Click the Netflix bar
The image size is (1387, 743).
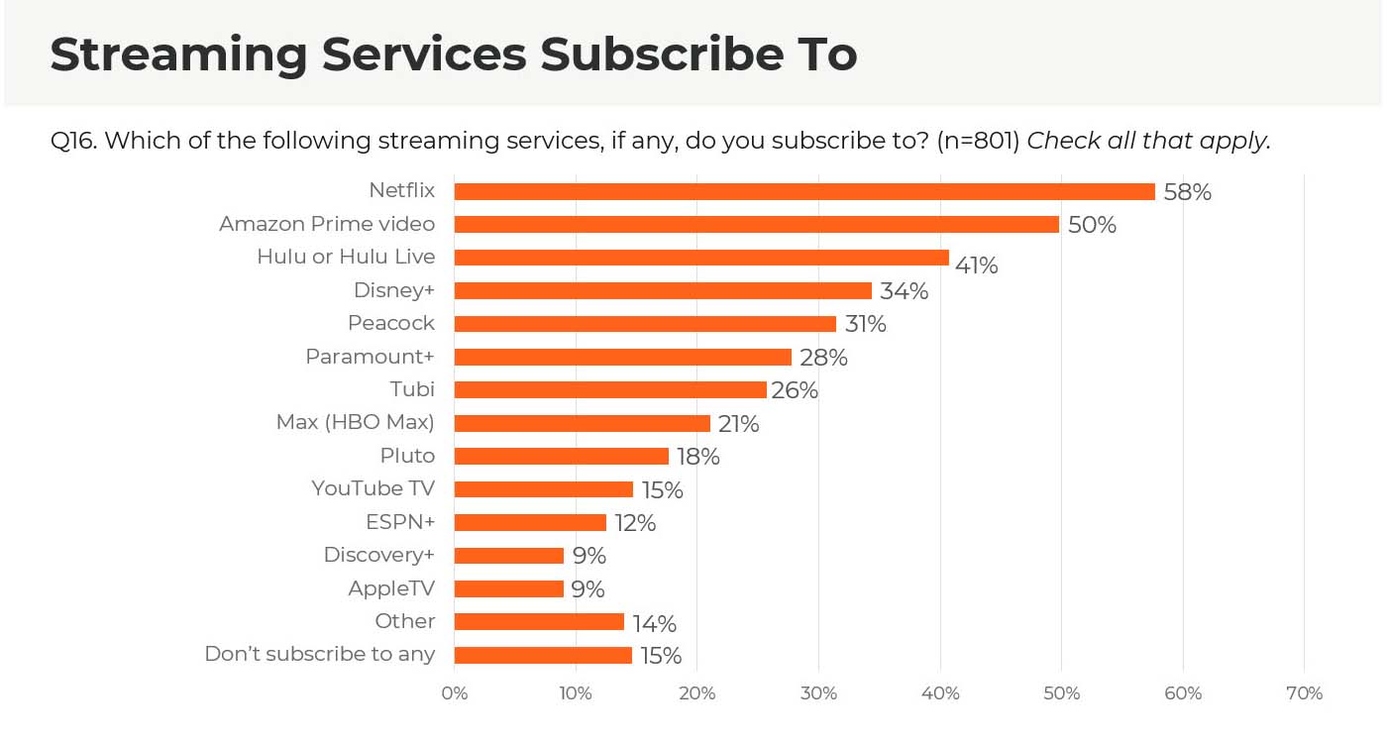point(804,191)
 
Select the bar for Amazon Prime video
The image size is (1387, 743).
point(756,224)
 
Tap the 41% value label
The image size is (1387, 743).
point(976,265)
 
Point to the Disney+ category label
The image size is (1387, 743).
point(394,290)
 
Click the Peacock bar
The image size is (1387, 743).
point(645,323)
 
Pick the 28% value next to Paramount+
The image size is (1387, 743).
point(823,358)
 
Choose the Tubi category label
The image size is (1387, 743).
point(412,389)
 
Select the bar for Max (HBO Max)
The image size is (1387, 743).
point(583,423)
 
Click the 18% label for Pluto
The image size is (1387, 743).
point(697,457)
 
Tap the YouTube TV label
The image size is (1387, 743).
point(373,488)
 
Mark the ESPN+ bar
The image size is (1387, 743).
point(530,522)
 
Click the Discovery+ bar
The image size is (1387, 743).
point(509,555)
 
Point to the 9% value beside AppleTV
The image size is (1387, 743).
point(588,589)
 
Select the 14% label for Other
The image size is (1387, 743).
point(654,623)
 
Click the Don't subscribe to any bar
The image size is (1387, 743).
point(543,655)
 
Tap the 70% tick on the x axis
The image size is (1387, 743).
point(1304,693)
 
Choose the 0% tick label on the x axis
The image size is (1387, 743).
point(454,693)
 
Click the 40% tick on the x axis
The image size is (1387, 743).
point(940,693)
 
